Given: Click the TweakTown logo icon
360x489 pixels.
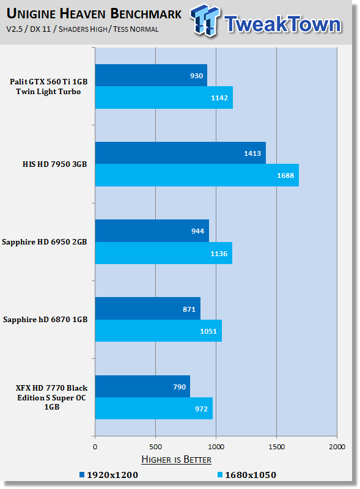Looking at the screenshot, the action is tap(204, 20).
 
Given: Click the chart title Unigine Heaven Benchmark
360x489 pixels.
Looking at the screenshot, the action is tap(94, 13).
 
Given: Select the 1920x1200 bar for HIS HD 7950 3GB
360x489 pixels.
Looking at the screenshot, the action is tap(180, 153).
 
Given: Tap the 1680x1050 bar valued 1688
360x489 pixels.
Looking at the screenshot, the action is tap(197, 175).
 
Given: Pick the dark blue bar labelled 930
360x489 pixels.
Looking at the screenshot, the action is tap(151, 75).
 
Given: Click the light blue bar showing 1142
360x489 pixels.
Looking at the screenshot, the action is tap(164, 98).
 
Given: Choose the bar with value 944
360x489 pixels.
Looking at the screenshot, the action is tap(152, 231).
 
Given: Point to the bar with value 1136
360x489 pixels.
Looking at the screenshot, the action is tap(163, 253).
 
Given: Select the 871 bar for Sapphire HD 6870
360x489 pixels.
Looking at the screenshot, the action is tap(147, 309).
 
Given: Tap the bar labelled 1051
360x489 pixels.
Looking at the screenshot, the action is tap(158, 331).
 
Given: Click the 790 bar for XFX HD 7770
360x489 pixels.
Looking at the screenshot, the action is tap(142, 386).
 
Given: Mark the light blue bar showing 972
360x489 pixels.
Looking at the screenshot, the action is tap(154, 408).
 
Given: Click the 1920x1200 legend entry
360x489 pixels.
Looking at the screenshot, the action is tap(109, 475).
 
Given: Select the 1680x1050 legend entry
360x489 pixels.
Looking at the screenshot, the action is tap(247, 475).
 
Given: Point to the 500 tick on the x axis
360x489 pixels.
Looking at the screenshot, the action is tap(155, 447).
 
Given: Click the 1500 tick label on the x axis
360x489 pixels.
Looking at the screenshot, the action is tap(276, 447).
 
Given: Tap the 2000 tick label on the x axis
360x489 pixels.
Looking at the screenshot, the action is tap(337, 447).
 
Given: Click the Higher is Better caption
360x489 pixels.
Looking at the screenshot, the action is tap(176, 460).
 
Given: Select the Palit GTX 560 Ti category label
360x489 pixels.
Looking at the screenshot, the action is tap(48, 86).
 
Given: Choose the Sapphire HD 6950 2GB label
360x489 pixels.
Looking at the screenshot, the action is tap(44, 242).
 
